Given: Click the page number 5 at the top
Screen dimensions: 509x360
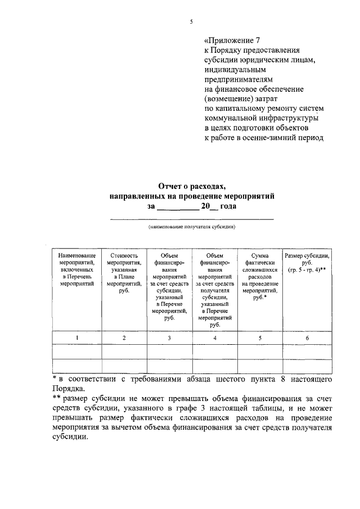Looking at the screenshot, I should pos(191,22).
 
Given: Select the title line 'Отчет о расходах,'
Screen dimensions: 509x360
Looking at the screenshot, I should pos(191,186).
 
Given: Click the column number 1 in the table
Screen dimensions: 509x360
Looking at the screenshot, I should pos(77,337).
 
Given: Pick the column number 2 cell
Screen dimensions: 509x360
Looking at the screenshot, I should pos(124,337).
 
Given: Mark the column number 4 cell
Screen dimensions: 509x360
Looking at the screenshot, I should pos(215,337).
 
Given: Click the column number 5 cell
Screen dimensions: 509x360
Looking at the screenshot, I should pos(260,337).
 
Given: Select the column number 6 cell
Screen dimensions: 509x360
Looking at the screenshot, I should pos(307,337).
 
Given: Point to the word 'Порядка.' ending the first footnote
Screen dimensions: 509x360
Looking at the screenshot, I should pos(67,388).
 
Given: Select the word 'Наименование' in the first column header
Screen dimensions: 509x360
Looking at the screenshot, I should pos(77,255).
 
